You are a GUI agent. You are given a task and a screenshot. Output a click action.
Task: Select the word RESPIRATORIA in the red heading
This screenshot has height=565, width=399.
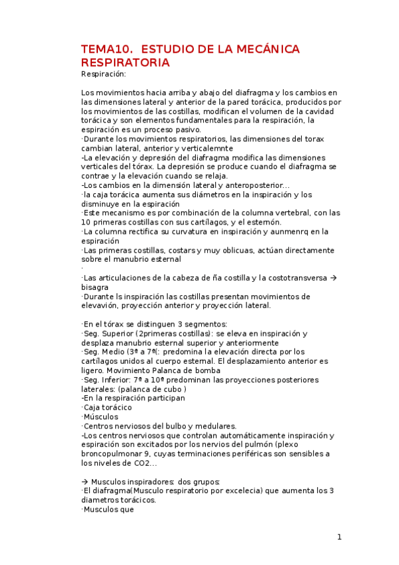(125, 63)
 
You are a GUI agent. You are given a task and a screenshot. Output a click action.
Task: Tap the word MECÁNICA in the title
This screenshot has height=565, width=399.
(266, 50)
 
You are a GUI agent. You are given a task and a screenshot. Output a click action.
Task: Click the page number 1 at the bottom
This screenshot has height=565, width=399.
(339, 537)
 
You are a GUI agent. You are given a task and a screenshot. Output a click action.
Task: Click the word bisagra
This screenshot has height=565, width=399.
(95, 286)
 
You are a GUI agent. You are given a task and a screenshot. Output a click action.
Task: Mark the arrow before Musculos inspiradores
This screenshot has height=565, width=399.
(85, 482)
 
